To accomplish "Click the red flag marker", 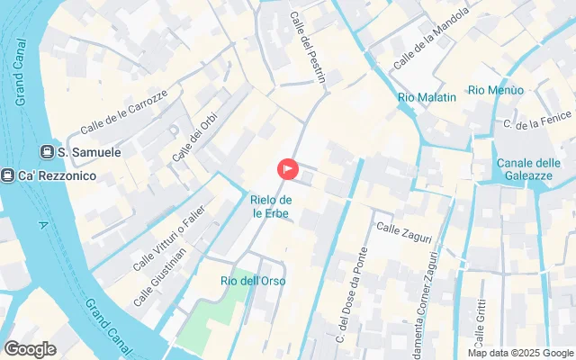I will click(287, 168).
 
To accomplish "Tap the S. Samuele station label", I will click(89, 153).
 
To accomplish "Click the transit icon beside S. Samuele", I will click(47, 153).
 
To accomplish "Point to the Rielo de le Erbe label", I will click(271, 206).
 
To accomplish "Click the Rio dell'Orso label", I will click(253, 281).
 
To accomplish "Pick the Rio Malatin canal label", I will click(427, 97).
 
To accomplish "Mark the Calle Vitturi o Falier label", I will click(169, 238).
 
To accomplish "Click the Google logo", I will click(30, 348).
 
